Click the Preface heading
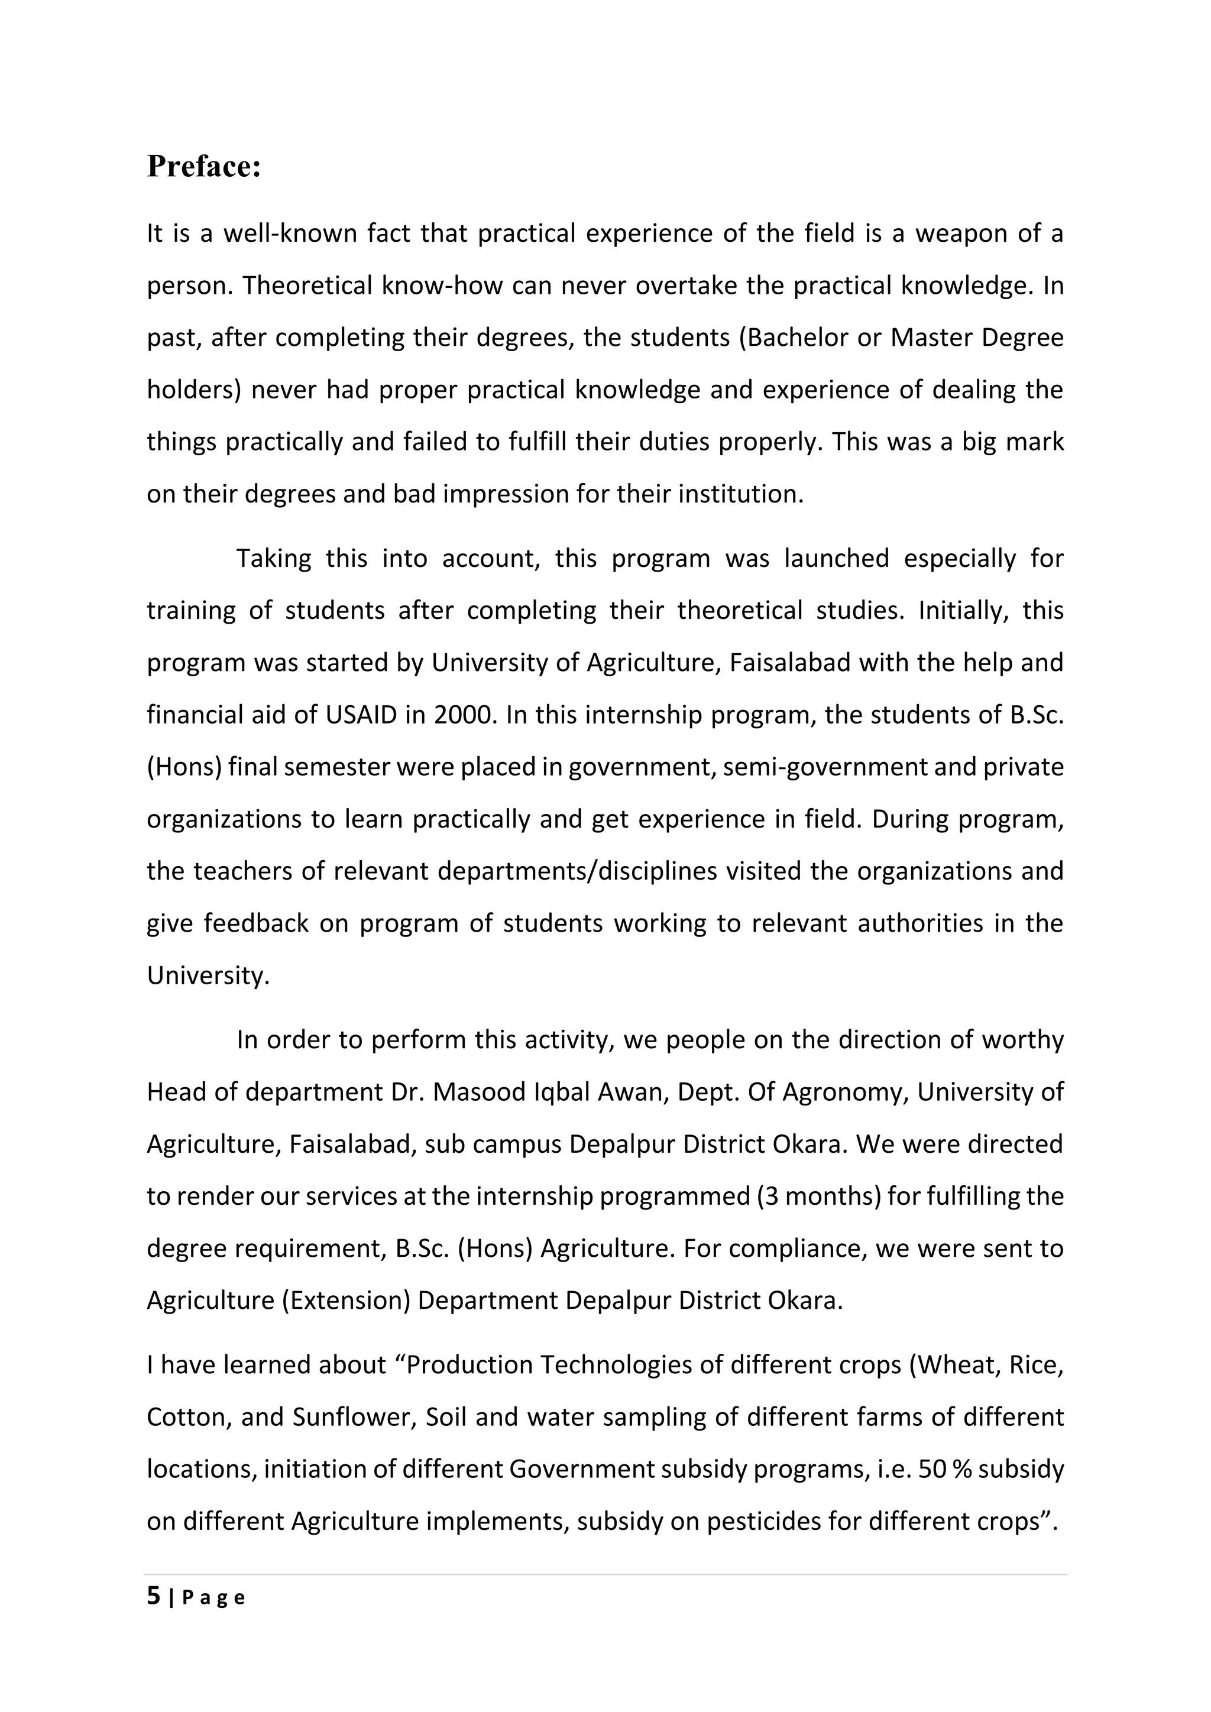[x=203, y=166]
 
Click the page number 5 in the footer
[x=154, y=1596]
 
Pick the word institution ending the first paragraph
[x=740, y=494]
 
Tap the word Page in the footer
[x=213, y=1598]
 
